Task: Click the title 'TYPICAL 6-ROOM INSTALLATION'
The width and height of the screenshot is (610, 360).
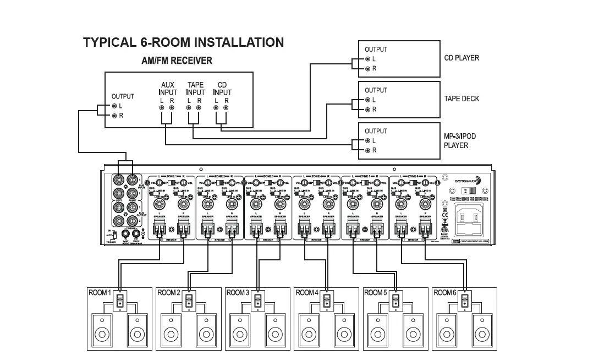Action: [183, 42]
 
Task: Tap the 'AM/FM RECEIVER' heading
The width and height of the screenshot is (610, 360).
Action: [177, 61]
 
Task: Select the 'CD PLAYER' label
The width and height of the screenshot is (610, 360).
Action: [461, 58]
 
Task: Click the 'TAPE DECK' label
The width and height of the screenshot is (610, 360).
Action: [461, 99]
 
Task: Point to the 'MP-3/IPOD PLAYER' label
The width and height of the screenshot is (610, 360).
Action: [456, 141]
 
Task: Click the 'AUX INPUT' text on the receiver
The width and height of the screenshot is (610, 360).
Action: [167, 89]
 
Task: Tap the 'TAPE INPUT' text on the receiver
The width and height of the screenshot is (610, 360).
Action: [195, 89]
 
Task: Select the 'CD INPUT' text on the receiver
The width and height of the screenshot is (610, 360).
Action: [222, 89]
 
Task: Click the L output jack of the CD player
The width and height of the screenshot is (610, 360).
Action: [367, 59]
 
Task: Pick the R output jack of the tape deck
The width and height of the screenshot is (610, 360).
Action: [367, 110]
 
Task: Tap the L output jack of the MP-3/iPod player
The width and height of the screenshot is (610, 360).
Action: [367, 141]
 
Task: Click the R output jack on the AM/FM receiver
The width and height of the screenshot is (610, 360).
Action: [114, 116]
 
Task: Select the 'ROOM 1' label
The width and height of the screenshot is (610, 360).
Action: [100, 293]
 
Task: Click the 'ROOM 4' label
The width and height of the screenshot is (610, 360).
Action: [307, 293]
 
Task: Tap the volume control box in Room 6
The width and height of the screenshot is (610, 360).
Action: [465, 301]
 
